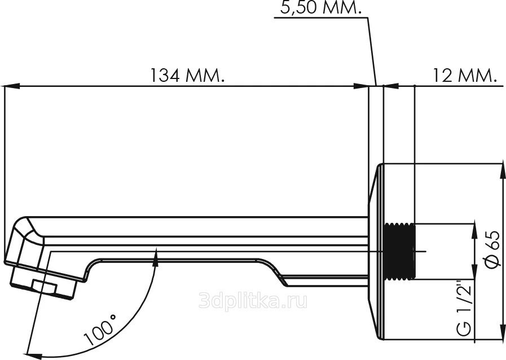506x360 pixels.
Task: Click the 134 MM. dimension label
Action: (187, 75)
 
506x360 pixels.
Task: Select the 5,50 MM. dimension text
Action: (320, 8)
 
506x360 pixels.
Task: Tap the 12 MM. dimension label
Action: (464, 75)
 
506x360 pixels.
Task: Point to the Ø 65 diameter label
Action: (493, 249)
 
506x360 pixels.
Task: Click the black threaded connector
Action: (399, 251)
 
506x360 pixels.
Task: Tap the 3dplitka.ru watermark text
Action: (252, 301)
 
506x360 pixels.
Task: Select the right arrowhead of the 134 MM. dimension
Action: (361, 86)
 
